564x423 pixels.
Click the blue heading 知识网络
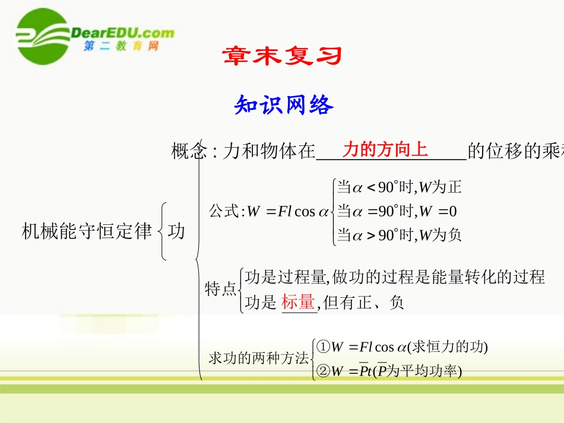(284, 105)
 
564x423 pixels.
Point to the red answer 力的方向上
(385, 150)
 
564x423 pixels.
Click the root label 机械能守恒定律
(87, 231)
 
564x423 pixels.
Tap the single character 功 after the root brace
(176, 231)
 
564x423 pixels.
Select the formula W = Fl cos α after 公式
(287, 211)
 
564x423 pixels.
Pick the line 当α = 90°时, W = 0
(397, 211)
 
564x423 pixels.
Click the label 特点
(220, 289)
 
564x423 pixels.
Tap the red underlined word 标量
(298, 303)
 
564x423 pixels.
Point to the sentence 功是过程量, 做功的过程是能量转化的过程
(395, 276)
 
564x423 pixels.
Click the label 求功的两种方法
(259, 358)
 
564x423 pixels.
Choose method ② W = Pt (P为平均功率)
(389, 371)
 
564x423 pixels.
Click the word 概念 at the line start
(188, 152)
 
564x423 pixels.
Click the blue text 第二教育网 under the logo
(121, 47)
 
